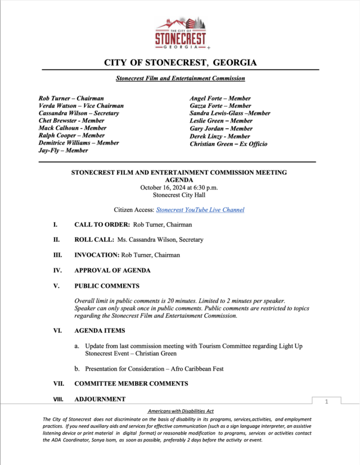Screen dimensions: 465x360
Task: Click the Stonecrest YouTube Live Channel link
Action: click(x=200, y=210)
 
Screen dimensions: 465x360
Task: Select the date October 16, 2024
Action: click(x=161, y=187)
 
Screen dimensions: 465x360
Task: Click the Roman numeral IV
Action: click(x=57, y=270)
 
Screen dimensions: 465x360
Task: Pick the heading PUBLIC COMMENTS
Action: click(x=107, y=286)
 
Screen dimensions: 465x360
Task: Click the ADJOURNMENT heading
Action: click(x=100, y=399)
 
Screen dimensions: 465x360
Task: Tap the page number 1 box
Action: click(x=326, y=402)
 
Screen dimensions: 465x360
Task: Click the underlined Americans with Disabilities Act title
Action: click(x=180, y=412)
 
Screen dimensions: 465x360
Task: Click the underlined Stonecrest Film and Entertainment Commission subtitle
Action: click(x=180, y=79)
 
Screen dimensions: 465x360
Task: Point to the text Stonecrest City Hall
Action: click(x=180, y=195)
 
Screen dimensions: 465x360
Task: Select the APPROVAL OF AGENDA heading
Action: click(x=112, y=270)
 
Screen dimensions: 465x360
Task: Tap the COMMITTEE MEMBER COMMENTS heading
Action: click(x=131, y=383)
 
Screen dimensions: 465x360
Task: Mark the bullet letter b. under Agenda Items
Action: click(x=77, y=369)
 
